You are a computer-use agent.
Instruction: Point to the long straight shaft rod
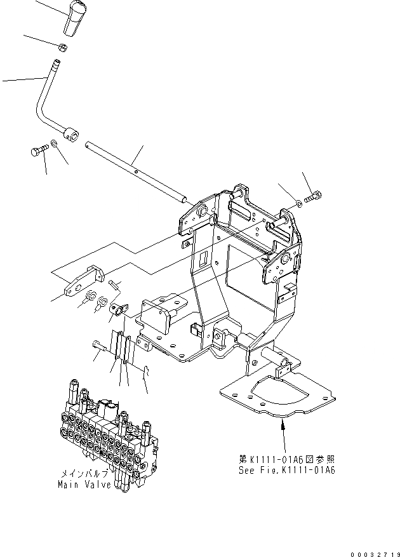[136, 170]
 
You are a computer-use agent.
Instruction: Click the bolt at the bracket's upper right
[312, 198]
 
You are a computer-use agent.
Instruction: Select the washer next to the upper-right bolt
[298, 203]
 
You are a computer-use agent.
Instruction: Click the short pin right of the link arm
[114, 284]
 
